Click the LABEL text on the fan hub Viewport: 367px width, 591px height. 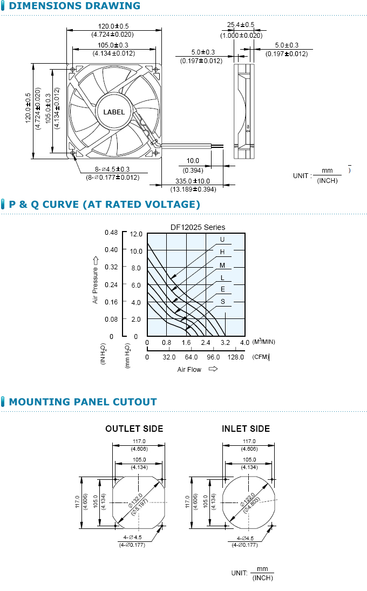[x=114, y=112]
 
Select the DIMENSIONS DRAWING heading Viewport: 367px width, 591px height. [x=74, y=6]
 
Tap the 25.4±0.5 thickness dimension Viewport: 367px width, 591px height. [x=240, y=25]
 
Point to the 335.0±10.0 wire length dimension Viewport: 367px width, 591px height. [x=193, y=181]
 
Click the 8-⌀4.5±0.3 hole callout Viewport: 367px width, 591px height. [x=112, y=169]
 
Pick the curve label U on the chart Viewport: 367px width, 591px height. [x=222, y=240]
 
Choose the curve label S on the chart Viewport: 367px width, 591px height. [x=223, y=302]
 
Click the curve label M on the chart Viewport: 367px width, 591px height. [x=222, y=266]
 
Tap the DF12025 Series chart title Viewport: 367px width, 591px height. [x=198, y=227]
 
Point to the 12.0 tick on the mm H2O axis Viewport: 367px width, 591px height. [x=136, y=234]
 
